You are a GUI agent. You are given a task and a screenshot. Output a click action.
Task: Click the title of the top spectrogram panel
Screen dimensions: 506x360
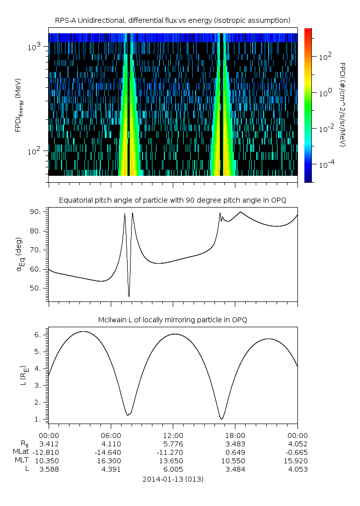pyautogui.click(x=172, y=20)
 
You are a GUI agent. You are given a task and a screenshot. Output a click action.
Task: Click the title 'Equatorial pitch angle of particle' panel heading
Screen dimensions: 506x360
pyautogui.click(x=172, y=200)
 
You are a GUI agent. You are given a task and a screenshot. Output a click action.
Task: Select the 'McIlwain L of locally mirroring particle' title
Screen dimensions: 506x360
pyautogui.click(x=172, y=320)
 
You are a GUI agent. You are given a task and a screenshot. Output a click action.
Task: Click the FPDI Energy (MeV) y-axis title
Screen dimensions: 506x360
pyautogui.click(x=18, y=105)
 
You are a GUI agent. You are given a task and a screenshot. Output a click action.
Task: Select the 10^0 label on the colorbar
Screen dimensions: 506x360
pyautogui.click(x=325, y=93)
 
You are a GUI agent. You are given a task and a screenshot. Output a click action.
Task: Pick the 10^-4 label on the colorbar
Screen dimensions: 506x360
pyautogui.click(x=326, y=164)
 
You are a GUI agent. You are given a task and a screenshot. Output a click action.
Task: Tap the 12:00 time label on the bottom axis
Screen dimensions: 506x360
pyautogui.click(x=173, y=435)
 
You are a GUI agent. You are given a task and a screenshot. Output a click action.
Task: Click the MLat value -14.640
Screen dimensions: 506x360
pyautogui.click(x=110, y=452)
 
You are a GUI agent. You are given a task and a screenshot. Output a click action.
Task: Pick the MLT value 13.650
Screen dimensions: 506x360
pyautogui.click(x=173, y=460)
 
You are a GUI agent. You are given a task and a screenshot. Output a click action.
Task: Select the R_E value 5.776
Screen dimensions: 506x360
pyautogui.click(x=173, y=443)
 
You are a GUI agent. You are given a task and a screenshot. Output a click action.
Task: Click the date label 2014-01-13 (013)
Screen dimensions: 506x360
pyautogui.click(x=173, y=479)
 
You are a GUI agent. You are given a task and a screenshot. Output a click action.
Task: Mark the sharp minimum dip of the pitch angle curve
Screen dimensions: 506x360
pyautogui.click(x=129, y=296)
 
